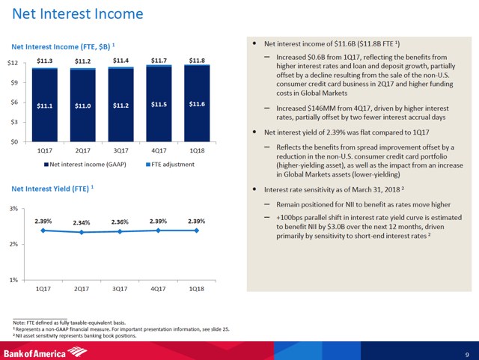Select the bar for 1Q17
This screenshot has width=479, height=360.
click(44, 105)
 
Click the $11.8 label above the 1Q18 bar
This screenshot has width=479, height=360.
click(197, 60)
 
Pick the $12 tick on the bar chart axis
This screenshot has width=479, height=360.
click(13, 63)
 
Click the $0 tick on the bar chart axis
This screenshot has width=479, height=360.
click(15, 141)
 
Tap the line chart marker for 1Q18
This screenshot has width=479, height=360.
click(197, 231)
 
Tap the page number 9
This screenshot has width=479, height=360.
click(466, 353)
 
